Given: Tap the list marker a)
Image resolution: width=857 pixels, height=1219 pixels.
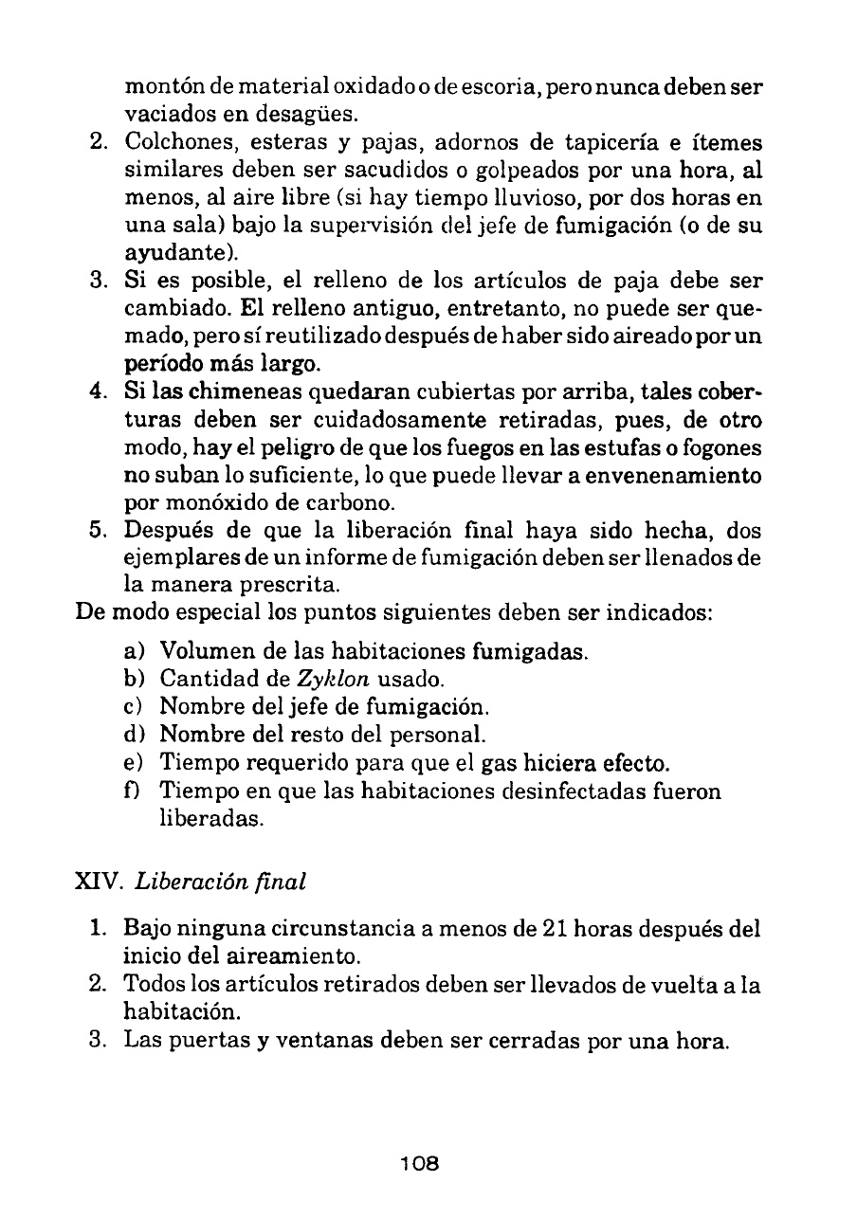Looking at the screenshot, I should [135, 652].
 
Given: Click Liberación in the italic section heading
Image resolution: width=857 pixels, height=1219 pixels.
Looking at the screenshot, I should [189, 881].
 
